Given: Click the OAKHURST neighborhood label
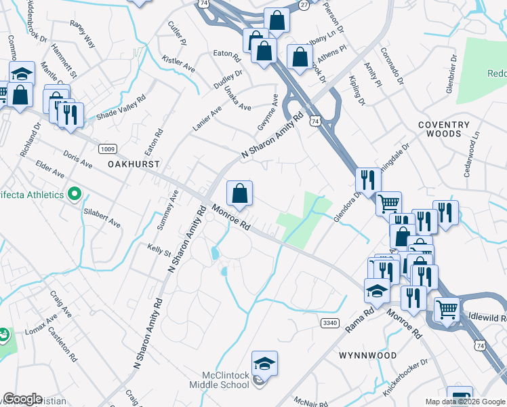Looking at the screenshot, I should [x=134, y=165].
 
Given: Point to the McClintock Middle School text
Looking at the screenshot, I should [x=226, y=380].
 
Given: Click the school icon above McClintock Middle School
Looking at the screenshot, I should [x=265, y=363].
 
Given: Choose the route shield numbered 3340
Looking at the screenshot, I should [x=329, y=323].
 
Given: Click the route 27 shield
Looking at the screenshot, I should [x=304, y=4].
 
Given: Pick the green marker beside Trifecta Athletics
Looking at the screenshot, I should [x=75, y=195].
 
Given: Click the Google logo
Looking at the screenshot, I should [x=22, y=399].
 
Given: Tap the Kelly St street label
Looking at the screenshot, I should [x=159, y=251].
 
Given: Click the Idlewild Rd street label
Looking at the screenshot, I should [x=487, y=317].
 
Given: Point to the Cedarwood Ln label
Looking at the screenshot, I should [x=471, y=155].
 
